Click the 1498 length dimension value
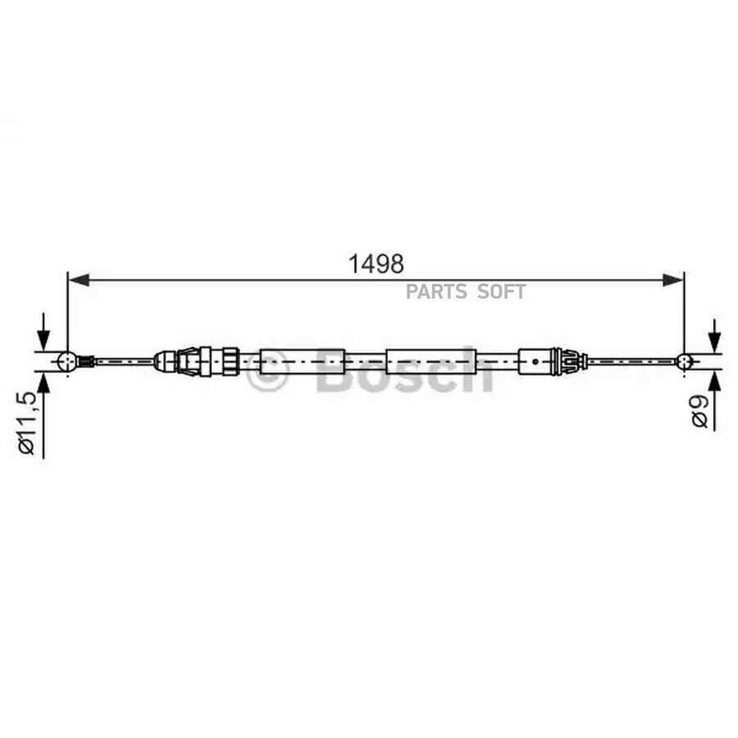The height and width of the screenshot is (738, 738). coord(376,265)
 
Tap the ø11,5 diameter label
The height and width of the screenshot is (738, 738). coord(27,423)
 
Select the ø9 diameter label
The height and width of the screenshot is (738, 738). coord(700,412)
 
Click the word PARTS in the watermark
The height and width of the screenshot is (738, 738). coord(436,292)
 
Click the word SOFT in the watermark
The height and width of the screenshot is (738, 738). coord(501,292)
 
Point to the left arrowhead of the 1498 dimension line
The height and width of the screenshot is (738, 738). coord(79,280)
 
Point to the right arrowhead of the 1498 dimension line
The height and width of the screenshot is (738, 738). coord(673,280)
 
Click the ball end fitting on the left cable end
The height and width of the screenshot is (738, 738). coord(67,362)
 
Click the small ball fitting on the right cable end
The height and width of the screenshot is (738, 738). coord(683,362)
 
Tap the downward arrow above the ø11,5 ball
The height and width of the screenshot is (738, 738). coord(43,332)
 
